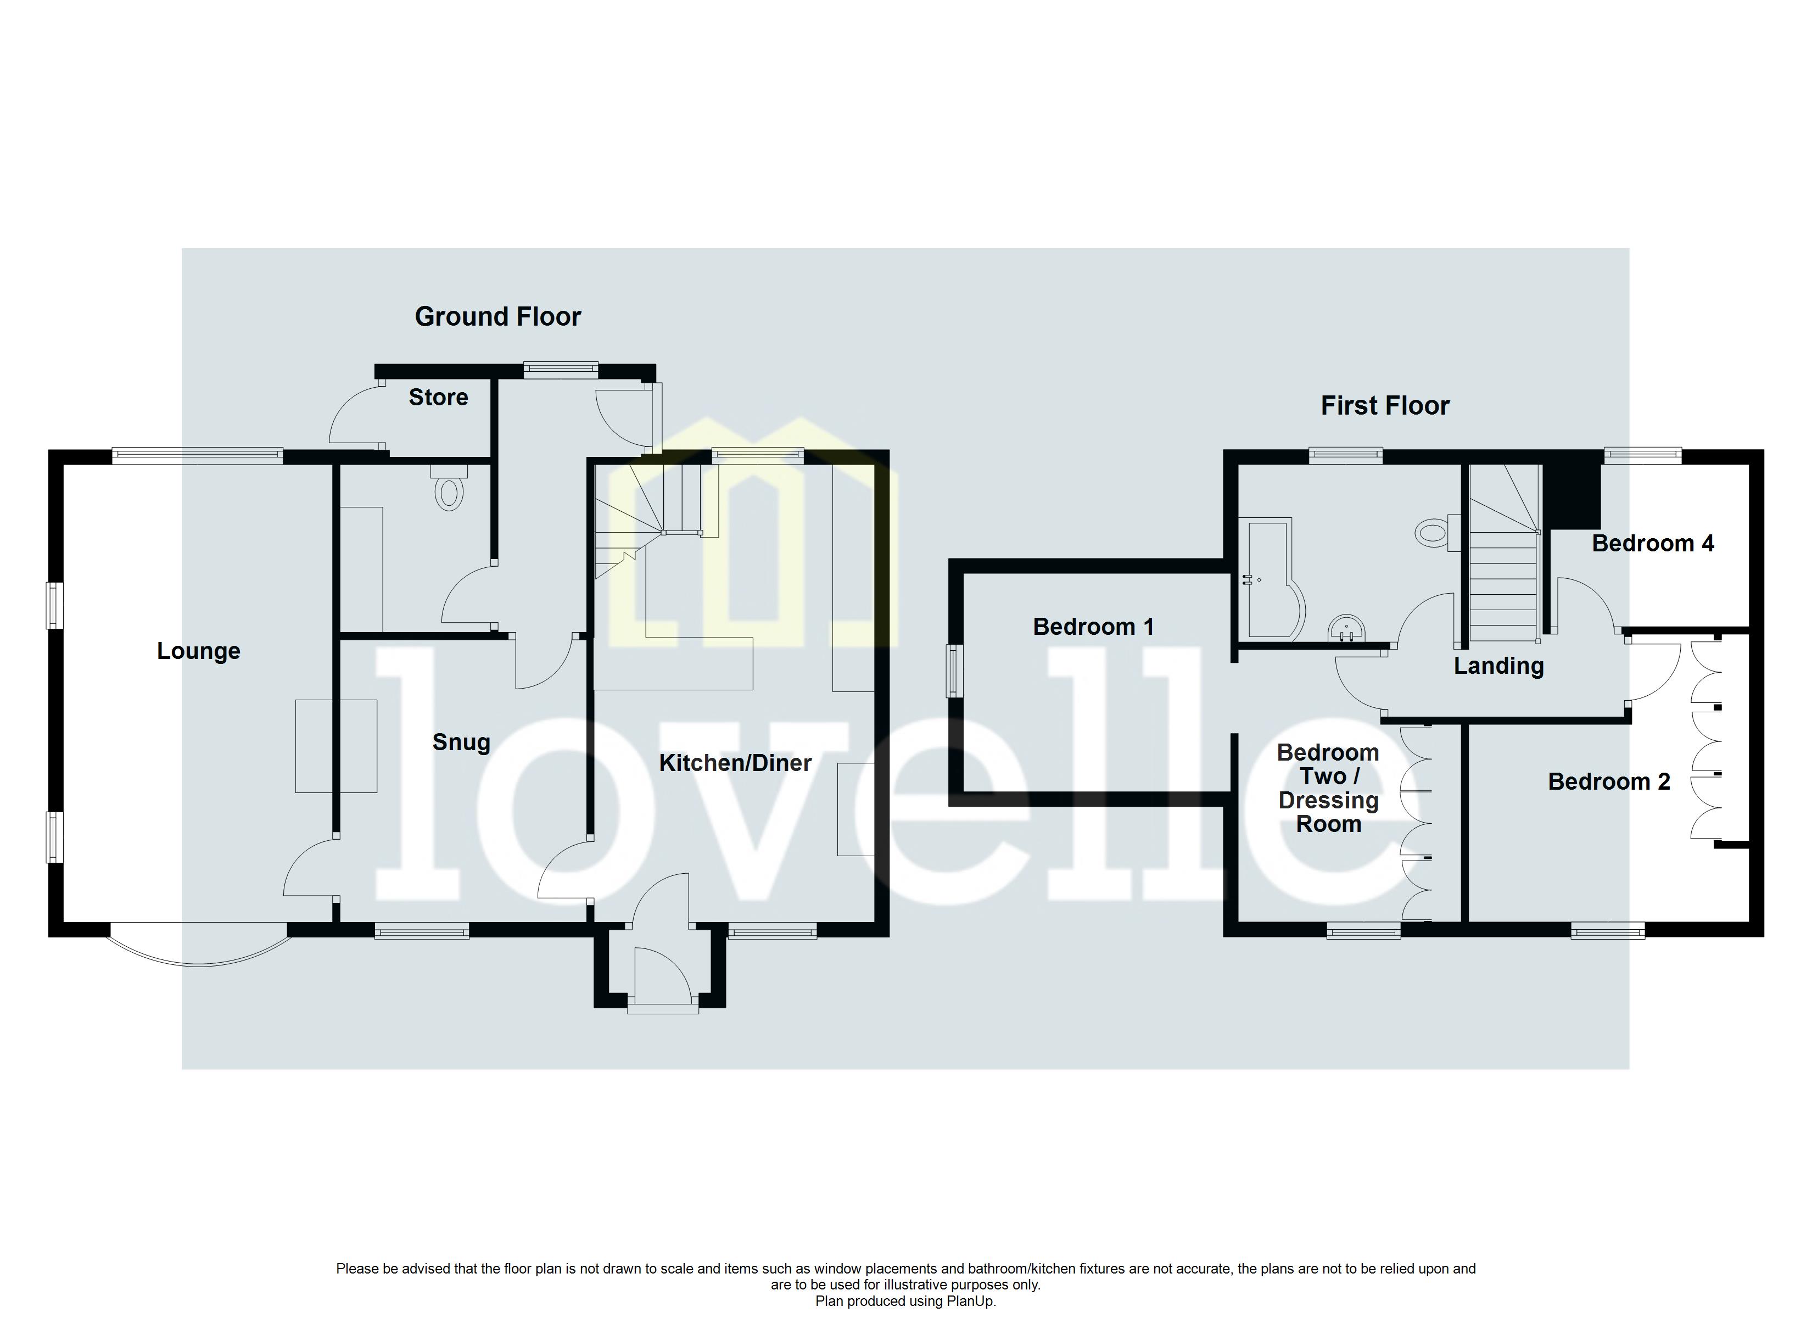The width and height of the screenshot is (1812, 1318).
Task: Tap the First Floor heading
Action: (1385, 405)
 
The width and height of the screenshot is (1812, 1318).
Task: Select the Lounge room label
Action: (198, 651)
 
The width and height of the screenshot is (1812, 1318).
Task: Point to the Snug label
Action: (461, 742)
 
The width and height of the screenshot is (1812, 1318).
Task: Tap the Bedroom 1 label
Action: (1093, 626)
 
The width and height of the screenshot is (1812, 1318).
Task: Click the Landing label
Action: (1498, 665)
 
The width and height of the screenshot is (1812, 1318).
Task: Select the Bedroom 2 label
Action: (1608, 781)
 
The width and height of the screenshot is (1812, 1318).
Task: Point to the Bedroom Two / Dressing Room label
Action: (1328, 788)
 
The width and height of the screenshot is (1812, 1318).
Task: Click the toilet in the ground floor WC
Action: (450, 493)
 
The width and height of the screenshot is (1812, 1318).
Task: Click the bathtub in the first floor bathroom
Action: (1270, 579)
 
